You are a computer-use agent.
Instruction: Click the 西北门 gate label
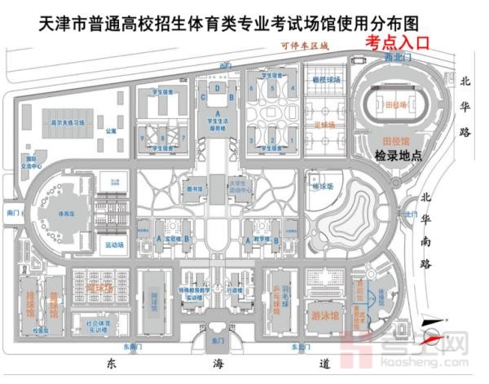394,60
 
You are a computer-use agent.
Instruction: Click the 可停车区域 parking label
303,46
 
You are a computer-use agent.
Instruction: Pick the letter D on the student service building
218,87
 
